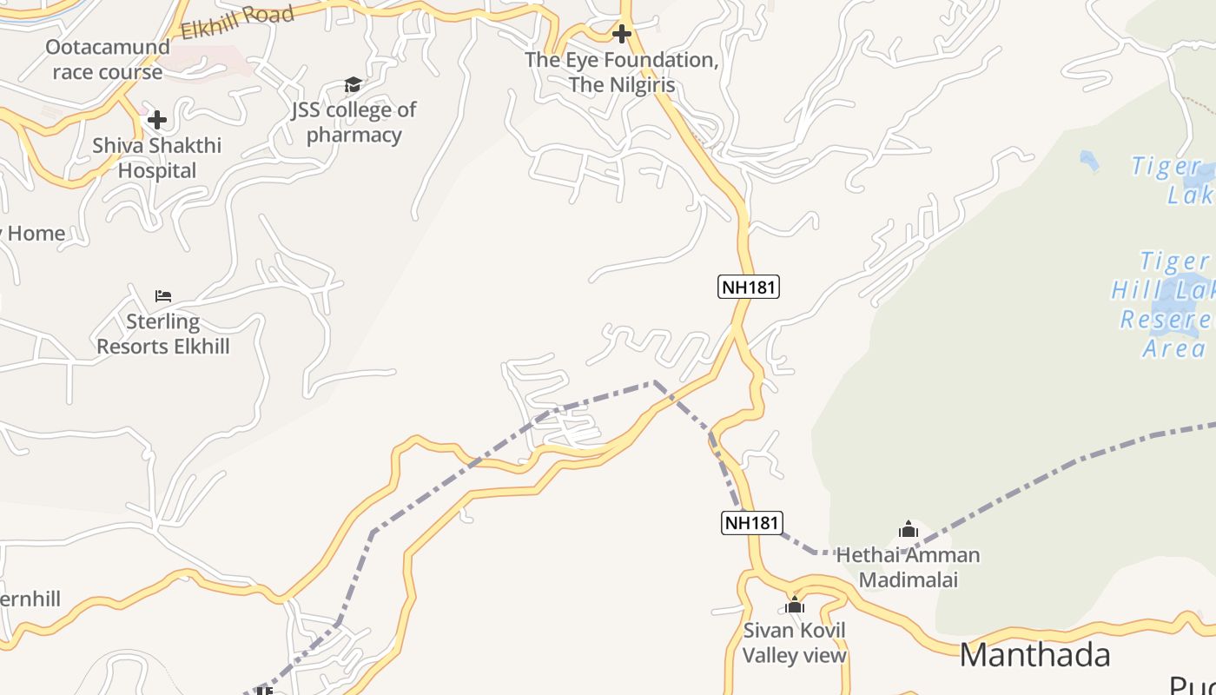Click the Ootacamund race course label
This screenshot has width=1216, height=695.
108,59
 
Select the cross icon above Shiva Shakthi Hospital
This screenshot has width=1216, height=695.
157,119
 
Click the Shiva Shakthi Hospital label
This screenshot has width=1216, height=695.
157,157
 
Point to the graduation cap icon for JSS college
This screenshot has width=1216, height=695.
353,84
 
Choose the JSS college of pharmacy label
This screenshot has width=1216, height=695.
354,122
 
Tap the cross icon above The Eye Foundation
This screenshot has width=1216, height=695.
622,34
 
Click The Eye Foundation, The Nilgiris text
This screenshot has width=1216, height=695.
622,72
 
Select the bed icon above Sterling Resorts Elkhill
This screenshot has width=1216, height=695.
162,296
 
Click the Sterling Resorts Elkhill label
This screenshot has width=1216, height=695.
163,334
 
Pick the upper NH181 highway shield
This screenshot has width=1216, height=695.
749,286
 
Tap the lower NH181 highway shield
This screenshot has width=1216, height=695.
752,522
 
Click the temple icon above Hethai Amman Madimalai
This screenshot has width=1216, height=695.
908,529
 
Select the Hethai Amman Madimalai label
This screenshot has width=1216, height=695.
908,566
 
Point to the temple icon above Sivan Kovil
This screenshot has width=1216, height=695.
794,605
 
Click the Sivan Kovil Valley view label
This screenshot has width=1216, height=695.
794,643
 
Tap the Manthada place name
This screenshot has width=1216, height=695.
1034,654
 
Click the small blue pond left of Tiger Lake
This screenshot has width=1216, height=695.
1087,160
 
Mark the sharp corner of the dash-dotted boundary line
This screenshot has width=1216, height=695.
654,381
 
